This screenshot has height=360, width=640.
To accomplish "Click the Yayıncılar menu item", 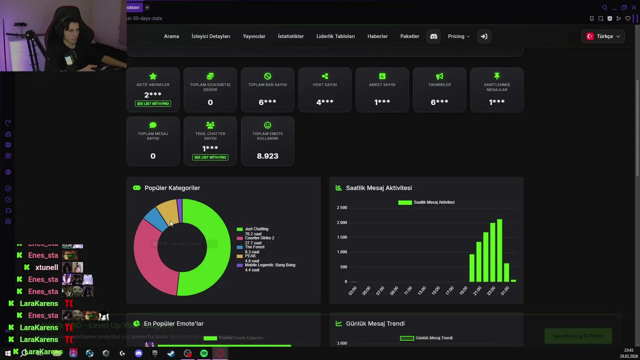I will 254,36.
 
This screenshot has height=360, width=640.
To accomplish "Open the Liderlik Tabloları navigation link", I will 335,36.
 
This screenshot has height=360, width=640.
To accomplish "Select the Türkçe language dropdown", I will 603,36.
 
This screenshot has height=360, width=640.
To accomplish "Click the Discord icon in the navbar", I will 433,36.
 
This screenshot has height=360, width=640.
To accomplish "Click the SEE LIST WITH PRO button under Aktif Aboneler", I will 153,103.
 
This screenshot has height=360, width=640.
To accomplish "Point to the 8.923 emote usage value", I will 267,156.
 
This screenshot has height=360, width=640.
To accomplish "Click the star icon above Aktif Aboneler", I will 153,76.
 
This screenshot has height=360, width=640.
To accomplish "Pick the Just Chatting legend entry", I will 256,229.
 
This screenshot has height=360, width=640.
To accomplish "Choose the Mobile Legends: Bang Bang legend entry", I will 269,265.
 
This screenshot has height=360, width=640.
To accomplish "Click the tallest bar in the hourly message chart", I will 499,250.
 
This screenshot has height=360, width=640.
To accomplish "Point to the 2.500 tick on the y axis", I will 342,207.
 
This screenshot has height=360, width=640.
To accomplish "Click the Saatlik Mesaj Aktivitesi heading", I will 378,188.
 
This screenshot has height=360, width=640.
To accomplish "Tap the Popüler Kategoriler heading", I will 172,188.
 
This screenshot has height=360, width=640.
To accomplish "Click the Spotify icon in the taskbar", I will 204,353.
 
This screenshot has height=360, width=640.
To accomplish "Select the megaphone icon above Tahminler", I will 439,76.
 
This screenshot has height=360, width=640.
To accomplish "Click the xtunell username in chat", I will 46,267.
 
